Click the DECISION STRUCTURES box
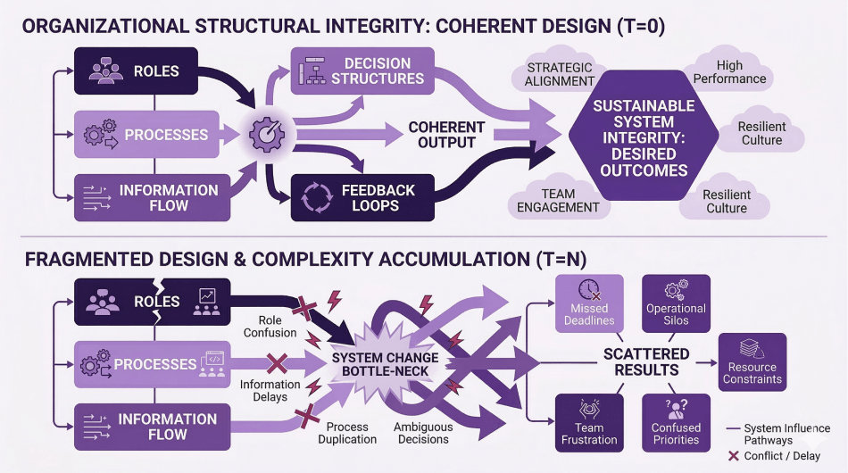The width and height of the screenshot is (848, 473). pyautogui.click(x=362, y=71)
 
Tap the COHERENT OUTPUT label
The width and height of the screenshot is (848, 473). pyautogui.click(x=446, y=135)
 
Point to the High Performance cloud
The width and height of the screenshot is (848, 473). pyautogui.click(x=729, y=72)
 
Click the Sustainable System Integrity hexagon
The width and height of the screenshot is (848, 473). pyautogui.click(x=644, y=138)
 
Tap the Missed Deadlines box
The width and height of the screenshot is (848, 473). pyautogui.click(x=589, y=303)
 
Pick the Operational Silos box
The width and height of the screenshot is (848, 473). pyautogui.click(x=676, y=303)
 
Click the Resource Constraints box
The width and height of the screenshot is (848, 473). pyautogui.click(x=752, y=361)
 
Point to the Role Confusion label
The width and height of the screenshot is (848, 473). pyautogui.click(x=270, y=326)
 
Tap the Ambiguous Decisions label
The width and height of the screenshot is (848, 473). pyautogui.click(x=423, y=433)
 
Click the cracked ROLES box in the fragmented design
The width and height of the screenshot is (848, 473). pyautogui.click(x=154, y=302)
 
